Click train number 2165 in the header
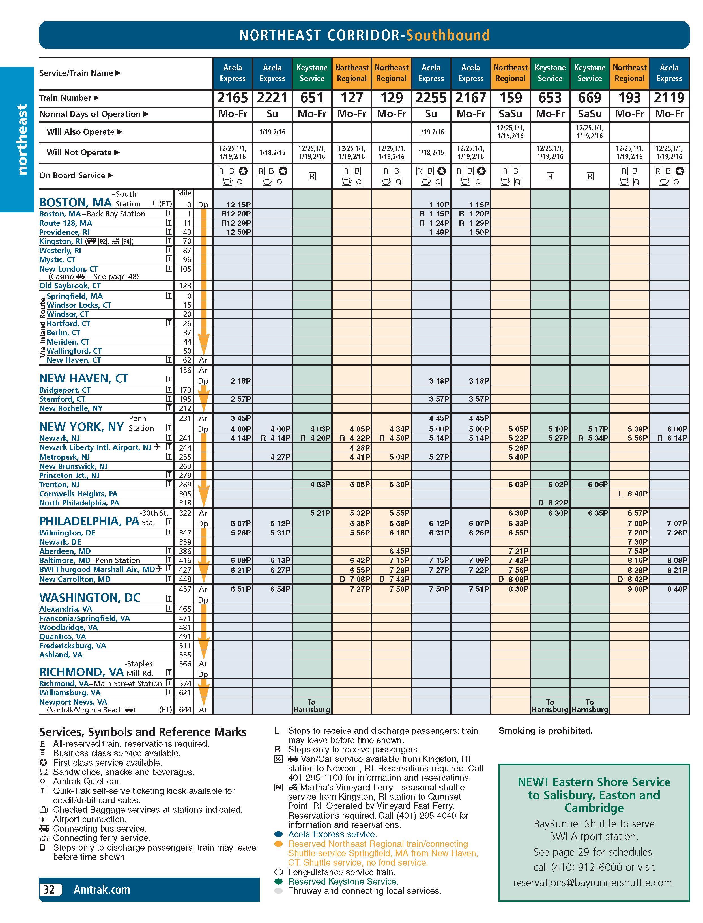(232, 98)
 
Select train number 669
(590, 98)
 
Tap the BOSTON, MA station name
(75, 203)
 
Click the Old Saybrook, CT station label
(70, 286)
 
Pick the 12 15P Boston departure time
(238, 205)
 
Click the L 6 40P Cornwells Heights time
(633, 494)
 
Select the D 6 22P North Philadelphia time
(553, 503)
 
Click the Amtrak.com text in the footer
(102, 890)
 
